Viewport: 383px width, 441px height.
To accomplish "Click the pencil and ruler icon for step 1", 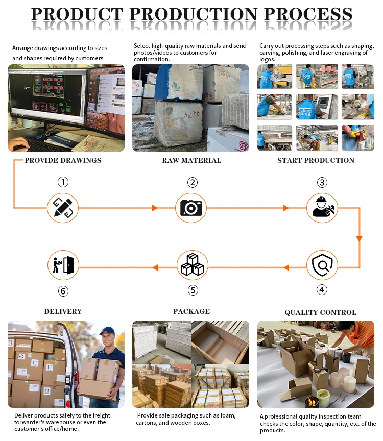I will (x=63, y=208).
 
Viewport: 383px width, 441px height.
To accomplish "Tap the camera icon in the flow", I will (x=192, y=208).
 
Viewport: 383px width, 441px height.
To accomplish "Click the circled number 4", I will (x=322, y=290).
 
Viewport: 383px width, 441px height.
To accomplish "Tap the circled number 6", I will (x=63, y=291).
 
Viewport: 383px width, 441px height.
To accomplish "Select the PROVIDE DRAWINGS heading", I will (x=63, y=160).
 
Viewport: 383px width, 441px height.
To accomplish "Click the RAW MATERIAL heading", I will (x=192, y=160).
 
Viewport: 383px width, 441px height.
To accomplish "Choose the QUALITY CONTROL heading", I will (x=320, y=312).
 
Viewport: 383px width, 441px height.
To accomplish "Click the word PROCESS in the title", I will (x=302, y=14).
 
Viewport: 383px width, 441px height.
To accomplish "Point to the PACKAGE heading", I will (x=192, y=311).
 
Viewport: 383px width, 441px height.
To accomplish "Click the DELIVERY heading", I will (x=63, y=311).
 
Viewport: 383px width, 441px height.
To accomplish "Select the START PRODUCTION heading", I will (x=316, y=160).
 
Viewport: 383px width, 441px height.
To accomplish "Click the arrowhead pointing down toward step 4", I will (x=359, y=238).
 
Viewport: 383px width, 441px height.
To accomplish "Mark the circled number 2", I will (x=192, y=182).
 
